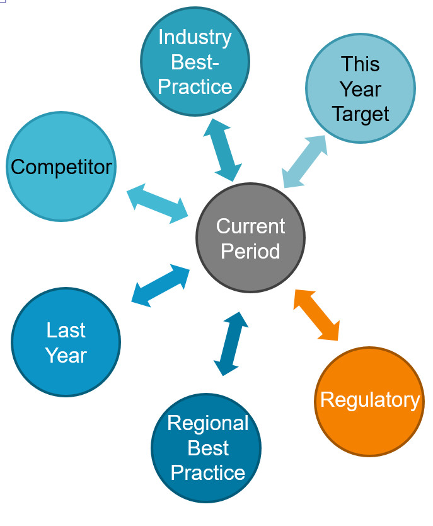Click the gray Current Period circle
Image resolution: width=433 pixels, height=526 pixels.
click(x=250, y=238)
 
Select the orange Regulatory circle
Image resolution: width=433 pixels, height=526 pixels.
click(x=369, y=402)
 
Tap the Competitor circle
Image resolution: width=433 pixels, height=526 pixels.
click(x=61, y=167)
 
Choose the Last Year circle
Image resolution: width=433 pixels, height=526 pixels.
click(x=66, y=342)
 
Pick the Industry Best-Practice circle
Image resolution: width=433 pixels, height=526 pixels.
click(x=195, y=61)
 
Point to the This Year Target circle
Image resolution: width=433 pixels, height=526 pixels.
click(x=361, y=88)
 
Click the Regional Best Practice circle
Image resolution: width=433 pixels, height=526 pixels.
click(x=206, y=448)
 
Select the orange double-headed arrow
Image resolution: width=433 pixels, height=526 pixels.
click(x=316, y=315)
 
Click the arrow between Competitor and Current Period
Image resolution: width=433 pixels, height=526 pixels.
click(x=157, y=204)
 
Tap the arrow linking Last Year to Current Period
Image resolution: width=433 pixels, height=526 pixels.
click(x=160, y=286)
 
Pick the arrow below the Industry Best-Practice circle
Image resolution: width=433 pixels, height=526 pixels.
click(x=222, y=150)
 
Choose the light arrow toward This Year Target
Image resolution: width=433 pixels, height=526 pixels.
click(x=304, y=161)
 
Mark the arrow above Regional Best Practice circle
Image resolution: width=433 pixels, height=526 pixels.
click(x=231, y=344)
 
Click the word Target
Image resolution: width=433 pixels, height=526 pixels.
click(x=361, y=114)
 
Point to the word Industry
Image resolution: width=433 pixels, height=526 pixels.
click(x=195, y=37)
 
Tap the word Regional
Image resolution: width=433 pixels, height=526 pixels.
click(x=208, y=423)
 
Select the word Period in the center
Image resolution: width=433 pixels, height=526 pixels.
click(x=250, y=251)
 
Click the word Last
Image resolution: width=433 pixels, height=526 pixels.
click(x=66, y=330)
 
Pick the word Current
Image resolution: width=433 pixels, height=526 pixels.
click(x=250, y=226)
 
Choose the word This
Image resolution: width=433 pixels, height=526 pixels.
click(x=361, y=64)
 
